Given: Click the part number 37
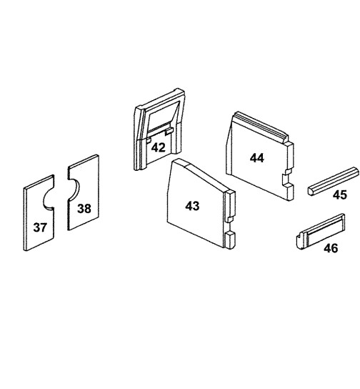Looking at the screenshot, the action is click(x=40, y=227).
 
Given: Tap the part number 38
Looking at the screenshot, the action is click(x=84, y=208).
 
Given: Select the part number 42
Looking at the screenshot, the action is click(x=159, y=147).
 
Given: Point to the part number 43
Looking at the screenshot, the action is click(x=192, y=206).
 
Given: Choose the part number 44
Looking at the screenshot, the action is click(x=257, y=158).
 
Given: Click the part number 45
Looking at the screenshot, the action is click(x=340, y=194).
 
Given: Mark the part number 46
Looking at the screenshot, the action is click(x=331, y=248).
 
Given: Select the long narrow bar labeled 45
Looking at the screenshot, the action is click(x=334, y=181).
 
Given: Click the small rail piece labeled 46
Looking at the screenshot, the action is click(x=321, y=231).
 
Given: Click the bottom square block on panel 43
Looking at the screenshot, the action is click(x=230, y=240).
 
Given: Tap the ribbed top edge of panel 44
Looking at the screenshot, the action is click(x=261, y=126).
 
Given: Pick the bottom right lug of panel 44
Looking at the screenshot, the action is click(x=288, y=191).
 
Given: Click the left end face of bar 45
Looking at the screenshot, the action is click(x=311, y=190).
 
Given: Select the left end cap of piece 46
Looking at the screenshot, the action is click(x=300, y=240).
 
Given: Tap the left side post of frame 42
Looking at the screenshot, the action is click(x=139, y=139).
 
